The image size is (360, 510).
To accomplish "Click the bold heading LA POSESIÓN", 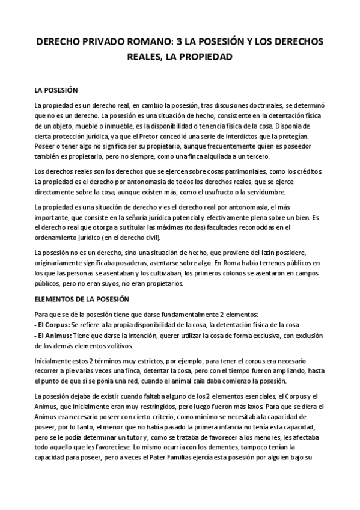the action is click(56, 90).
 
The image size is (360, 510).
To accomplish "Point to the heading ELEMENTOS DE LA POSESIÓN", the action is click(87, 298).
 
